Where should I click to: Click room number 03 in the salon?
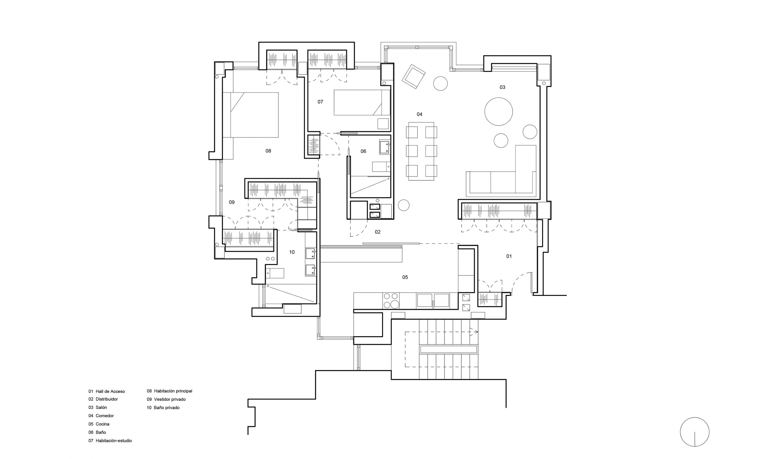(x=502, y=87)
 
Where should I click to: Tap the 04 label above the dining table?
(x=419, y=114)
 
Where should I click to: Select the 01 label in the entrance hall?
(x=509, y=256)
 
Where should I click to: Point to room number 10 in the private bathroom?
(x=292, y=252)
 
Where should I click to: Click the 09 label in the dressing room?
(x=231, y=202)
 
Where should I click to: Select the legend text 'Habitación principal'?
(x=173, y=391)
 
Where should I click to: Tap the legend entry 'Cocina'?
(x=102, y=424)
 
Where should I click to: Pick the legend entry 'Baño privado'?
(x=167, y=408)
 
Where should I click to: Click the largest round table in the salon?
(x=498, y=112)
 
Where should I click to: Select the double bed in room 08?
(x=250, y=115)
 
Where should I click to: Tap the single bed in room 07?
(x=361, y=103)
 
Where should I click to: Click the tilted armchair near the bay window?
(x=413, y=76)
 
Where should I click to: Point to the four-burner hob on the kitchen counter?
(x=391, y=301)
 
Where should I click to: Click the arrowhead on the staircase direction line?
(x=476, y=332)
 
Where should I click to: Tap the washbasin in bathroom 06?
(x=385, y=148)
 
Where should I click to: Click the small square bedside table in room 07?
(x=383, y=124)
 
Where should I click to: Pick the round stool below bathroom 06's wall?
(x=403, y=205)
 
